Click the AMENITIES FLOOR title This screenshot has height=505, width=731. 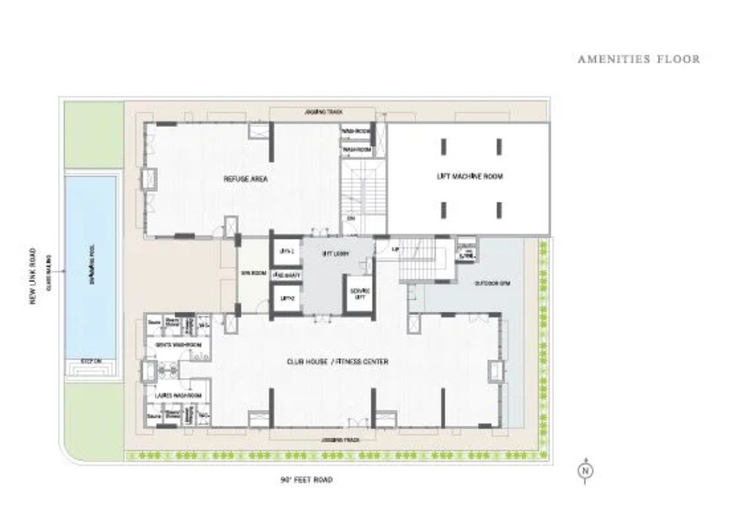[638, 60]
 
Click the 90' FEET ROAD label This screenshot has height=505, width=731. [306, 480]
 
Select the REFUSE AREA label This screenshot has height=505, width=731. [246, 179]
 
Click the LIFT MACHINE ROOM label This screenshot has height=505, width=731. [470, 177]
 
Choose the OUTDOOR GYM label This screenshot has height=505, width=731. [489, 283]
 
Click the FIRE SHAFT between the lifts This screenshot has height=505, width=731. [286, 275]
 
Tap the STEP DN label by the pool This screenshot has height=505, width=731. [91, 361]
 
